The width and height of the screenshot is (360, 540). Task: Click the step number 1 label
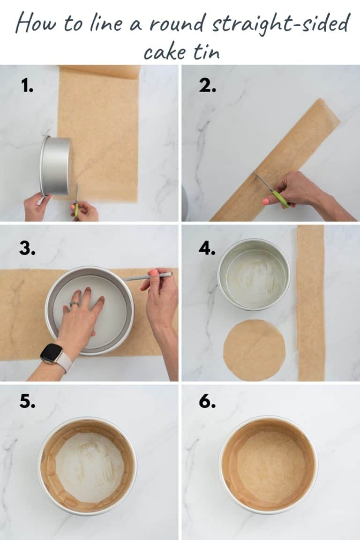(x=27, y=85)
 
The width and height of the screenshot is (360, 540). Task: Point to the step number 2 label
(x=207, y=85)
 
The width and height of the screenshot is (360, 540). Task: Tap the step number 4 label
(x=207, y=249)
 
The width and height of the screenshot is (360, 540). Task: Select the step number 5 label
(x=27, y=402)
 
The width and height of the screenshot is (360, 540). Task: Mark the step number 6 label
(x=207, y=402)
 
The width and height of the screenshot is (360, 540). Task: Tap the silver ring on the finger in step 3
(x=74, y=304)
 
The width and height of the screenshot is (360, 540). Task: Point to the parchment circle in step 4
(x=254, y=350)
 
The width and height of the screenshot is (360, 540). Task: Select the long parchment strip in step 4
(x=311, y=302)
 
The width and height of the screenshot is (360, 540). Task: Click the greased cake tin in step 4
(x=254, y=274)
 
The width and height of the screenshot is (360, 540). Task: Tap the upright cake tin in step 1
(x=55, y=166)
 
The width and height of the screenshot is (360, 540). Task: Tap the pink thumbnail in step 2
(x=266, y=201)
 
